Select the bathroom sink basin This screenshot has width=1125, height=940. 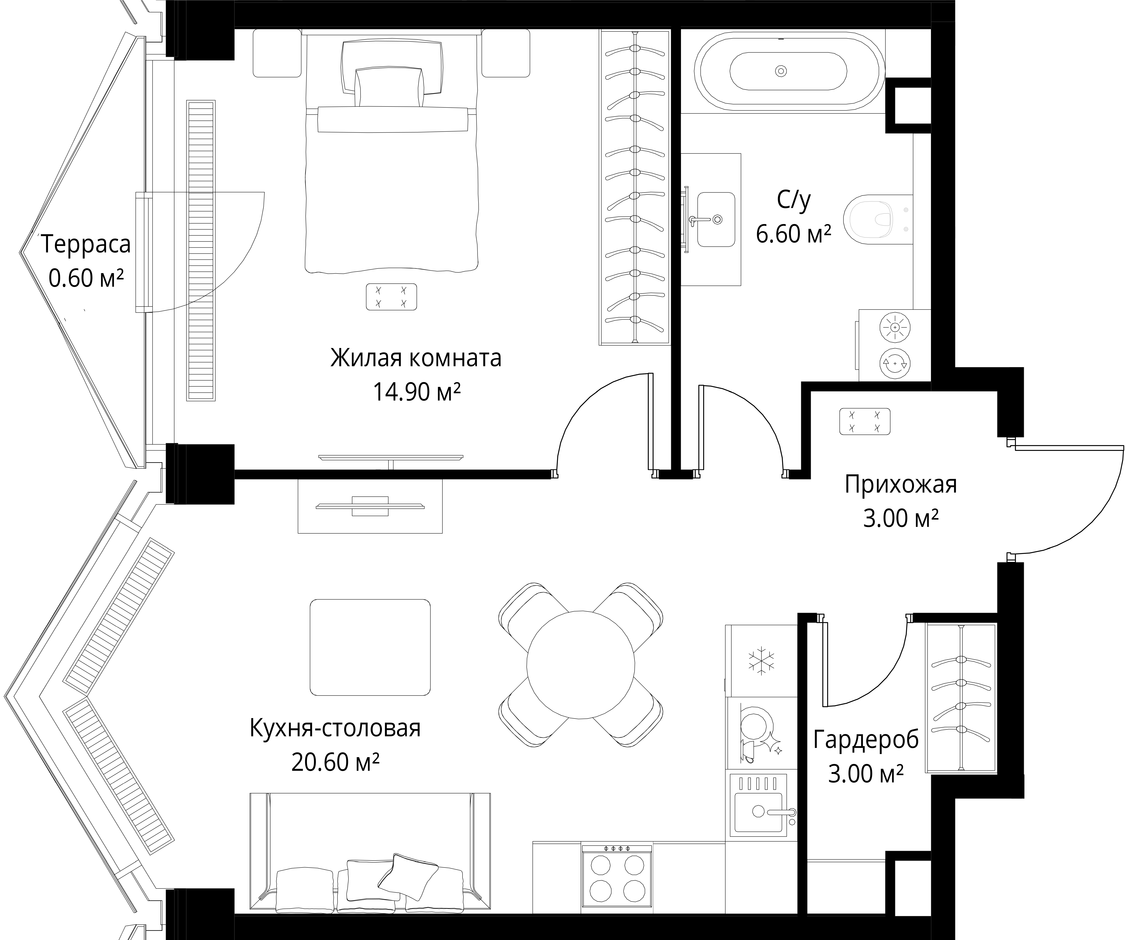pyautogui.click(x=716, y=220)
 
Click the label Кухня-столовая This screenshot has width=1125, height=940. pyautogui.click(x=335, y=728)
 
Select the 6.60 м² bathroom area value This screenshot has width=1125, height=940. pyautogui.click(x=793, y=234)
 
